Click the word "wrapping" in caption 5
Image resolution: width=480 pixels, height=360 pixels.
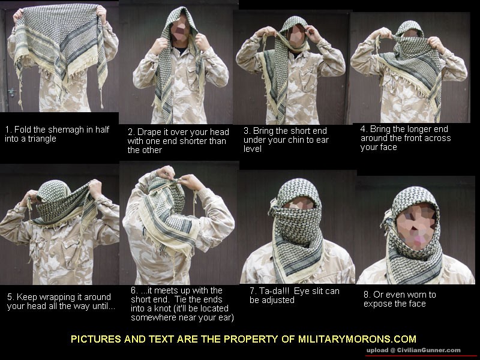55,297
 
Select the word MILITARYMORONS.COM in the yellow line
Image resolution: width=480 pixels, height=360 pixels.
357,339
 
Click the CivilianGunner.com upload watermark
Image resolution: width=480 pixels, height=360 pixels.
413,350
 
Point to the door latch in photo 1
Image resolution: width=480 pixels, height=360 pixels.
12,92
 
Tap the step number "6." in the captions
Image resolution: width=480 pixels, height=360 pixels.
134,290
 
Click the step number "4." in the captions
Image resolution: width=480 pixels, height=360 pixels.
364,129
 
